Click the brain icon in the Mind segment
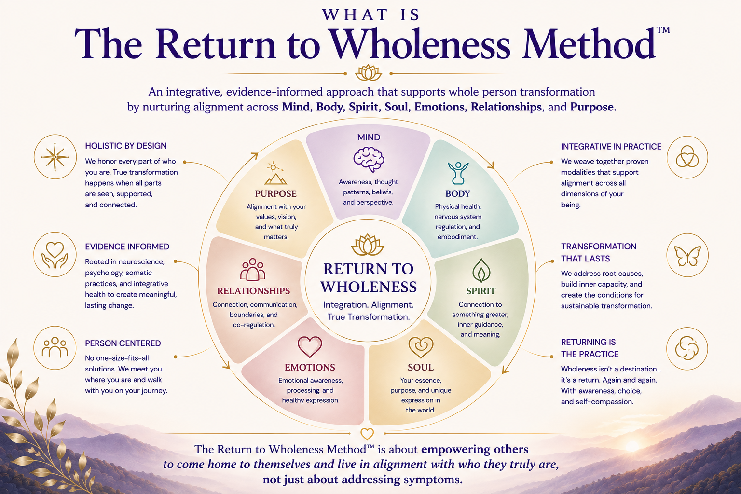coord(369,160)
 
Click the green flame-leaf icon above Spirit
coord(481,270)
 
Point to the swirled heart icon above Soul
coord(421,347)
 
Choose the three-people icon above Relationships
coord(253,269)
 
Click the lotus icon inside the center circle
coord(368,245)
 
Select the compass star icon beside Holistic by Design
coord(55,157)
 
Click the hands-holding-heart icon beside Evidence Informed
coord(55,255)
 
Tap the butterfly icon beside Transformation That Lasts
coord(687,256)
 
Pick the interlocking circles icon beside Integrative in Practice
coord(687,156)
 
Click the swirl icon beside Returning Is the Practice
coord(687,348)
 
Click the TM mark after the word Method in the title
coord(663,30)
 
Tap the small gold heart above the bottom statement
coord(367,434)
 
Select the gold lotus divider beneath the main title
coord(368,73)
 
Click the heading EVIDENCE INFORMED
coord(127,247)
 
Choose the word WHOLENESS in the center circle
coord(369,287)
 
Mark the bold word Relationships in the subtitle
coord(506,107)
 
